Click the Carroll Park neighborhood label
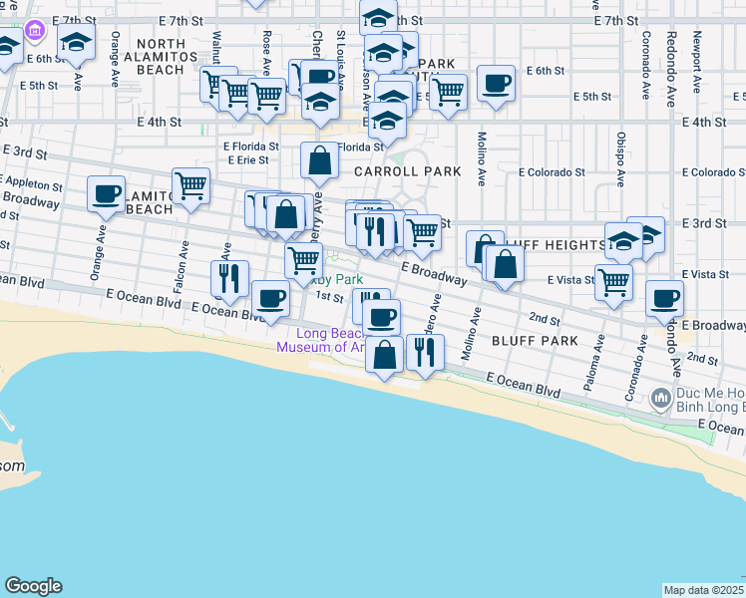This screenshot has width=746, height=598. pyautogui.click(x=408, y=171)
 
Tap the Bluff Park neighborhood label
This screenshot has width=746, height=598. pyautogui.click(x=535, y=341)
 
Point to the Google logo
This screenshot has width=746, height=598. pyautogui.click(x=33, y=586)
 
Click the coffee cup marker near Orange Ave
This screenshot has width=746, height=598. pyautogui.click(x=106, y=194)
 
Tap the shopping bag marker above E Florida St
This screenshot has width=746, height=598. pyautogui.click(x=318, y=159)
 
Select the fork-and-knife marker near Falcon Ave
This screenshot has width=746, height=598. pyautogui.click(x=229, y=278)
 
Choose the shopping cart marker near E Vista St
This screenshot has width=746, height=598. pyautogui.click(x=613, y=282)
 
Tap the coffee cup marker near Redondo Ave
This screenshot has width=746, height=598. pyautogui.click(x=664, y=298)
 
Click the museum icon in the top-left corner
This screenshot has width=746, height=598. pyautogui.click(x=37, y=31)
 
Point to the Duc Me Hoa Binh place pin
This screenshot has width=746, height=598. pyautogui.click(x=660, y=400)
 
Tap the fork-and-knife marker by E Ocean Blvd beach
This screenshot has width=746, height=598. pyautogui.click(x=426, y=351)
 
